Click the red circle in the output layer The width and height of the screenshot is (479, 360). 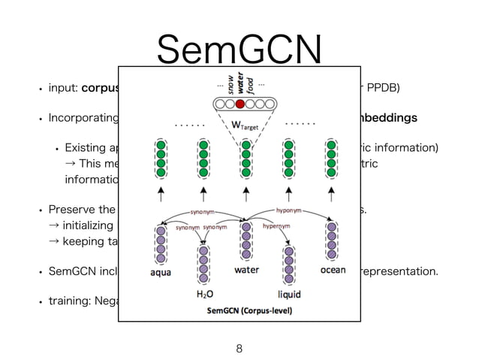tap(239, 104)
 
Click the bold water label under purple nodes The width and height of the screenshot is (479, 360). tap(246, 270)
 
